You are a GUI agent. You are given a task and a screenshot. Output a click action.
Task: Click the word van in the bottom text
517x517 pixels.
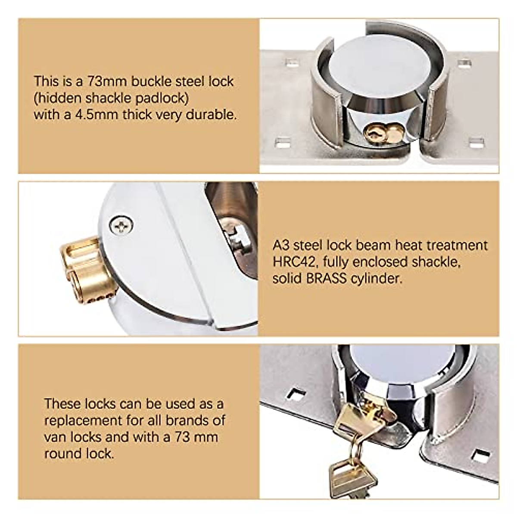[x=53, y=437]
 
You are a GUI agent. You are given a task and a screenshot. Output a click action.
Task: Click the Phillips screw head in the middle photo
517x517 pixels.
[x=121, y=225]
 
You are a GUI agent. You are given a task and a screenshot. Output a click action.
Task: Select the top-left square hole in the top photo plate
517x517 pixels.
[x=293, y=63]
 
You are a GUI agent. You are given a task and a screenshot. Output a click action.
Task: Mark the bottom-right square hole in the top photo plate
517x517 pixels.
[x=476, y=142]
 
